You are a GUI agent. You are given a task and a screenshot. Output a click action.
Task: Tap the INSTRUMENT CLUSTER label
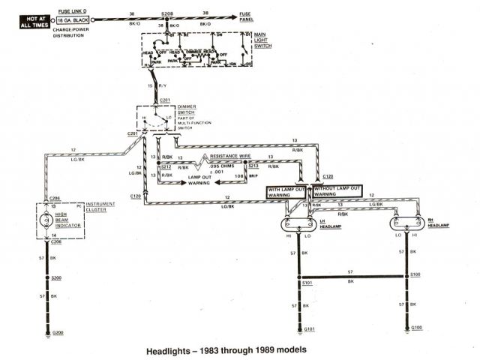[x=100, y=207]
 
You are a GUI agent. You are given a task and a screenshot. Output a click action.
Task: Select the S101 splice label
[x=307, y=283]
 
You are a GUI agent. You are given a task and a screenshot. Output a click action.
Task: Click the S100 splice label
[x=417, y=276]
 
